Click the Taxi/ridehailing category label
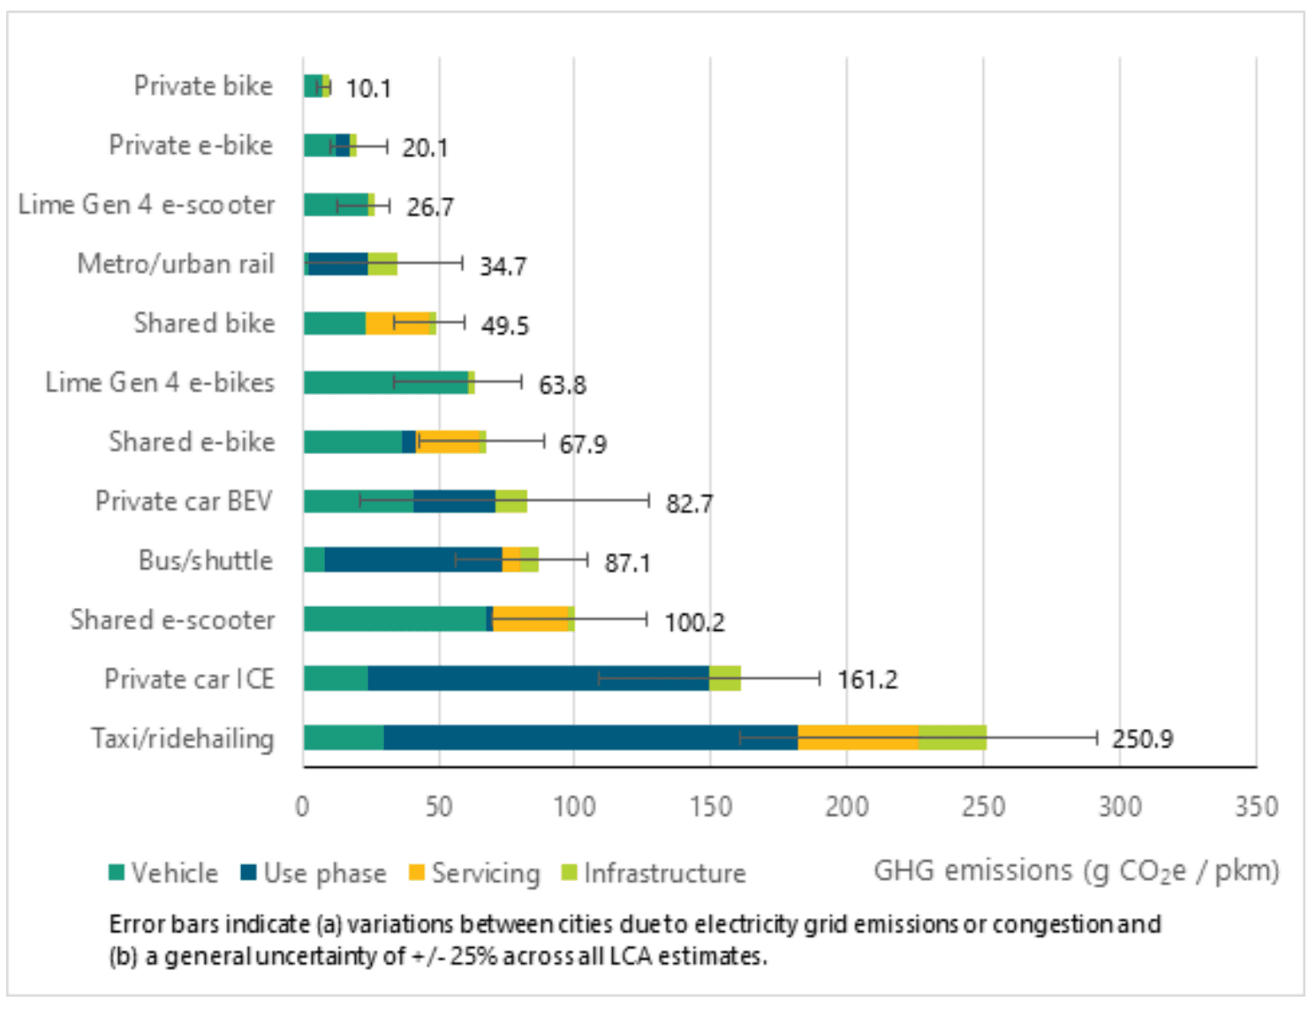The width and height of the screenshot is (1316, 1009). (x=183, y=739)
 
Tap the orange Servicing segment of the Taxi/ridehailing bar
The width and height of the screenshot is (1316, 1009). (x=858, y=738)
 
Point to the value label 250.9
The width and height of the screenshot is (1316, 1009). (x=1142, y=739)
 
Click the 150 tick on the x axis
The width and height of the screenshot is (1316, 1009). (x=711, y=807)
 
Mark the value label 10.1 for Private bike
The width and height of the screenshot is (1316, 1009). (x=368, y=88)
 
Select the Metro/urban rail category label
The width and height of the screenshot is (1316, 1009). (x=176, y=264)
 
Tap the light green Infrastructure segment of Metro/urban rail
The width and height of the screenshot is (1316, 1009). (x=382, y=264)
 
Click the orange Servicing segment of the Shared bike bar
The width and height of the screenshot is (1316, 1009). (x=397, y=323)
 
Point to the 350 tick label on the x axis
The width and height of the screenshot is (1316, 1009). (x=1256, y=807)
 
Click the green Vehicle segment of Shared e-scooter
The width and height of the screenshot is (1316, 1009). (x=395, y=619)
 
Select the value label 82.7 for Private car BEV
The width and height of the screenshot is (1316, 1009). (x=689, y=504)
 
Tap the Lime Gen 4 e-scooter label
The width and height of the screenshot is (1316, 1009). (x=147, y=205)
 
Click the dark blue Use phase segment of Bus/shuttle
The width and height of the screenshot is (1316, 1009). (x=413, y=560)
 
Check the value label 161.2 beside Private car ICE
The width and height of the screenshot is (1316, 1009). (x=866, y=679)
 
